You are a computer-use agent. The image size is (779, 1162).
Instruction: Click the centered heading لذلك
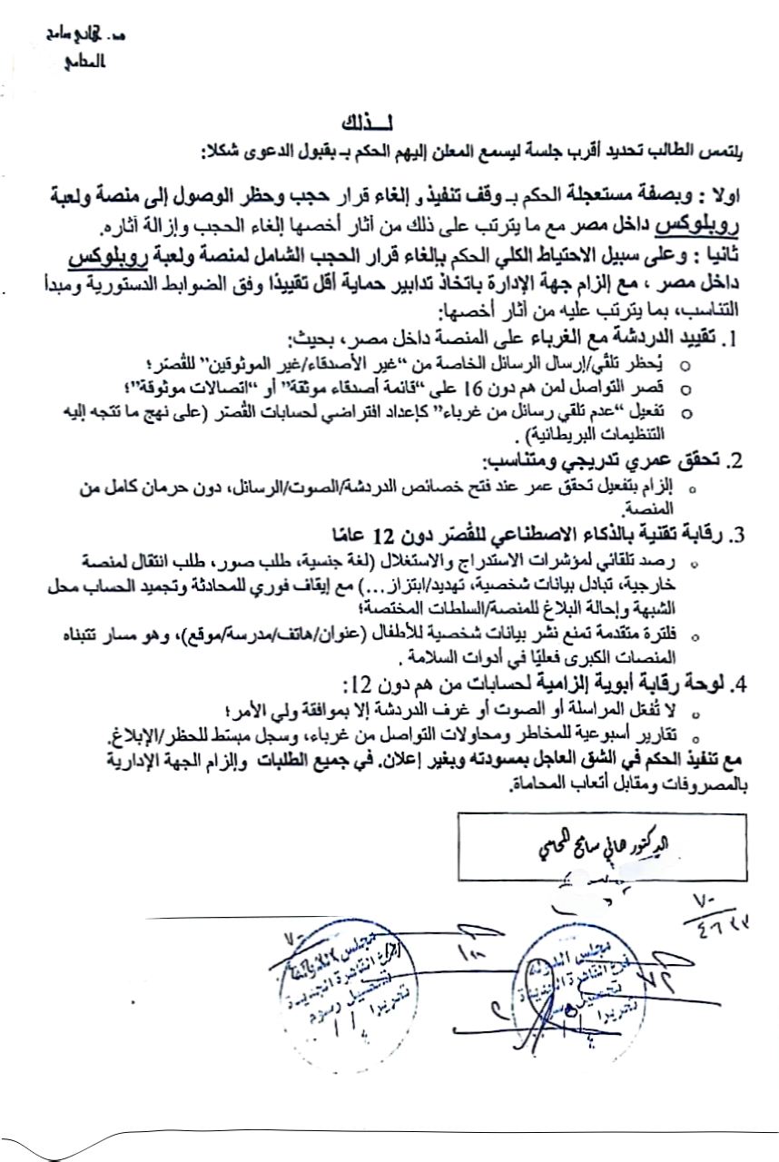[363, 123]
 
